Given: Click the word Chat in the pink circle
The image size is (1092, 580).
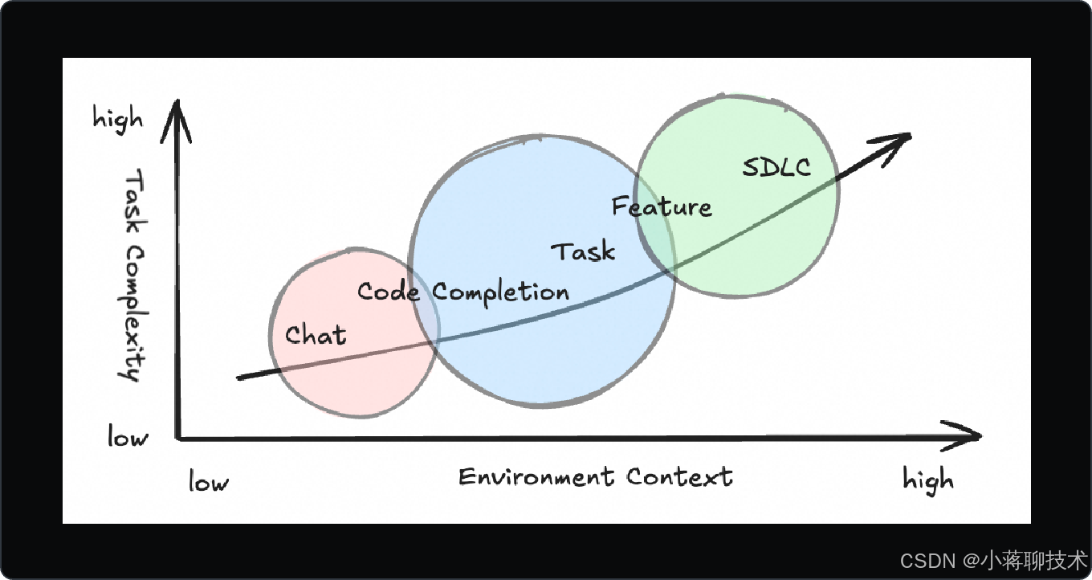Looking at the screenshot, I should tap(316, 335).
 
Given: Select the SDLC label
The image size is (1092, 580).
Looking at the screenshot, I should tap(776, 167).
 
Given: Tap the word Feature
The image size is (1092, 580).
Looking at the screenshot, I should tap(662, 207).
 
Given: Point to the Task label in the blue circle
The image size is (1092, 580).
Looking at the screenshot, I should tap(584, 251).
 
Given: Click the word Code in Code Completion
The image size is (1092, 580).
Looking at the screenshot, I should tap(389, 292).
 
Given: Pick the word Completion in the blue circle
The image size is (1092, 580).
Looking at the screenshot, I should tap(501, 292).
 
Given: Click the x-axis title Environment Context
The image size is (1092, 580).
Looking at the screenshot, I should tap(596, 476).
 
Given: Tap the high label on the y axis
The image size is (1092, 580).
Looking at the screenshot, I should tap(118, 119).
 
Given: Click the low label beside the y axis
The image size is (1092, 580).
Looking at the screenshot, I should tap(128, 438).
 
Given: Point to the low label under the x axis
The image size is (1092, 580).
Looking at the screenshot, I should tap(209, 482).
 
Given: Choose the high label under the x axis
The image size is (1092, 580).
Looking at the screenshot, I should tap(928, 480).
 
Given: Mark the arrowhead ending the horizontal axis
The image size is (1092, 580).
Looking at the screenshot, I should tap(972, 435).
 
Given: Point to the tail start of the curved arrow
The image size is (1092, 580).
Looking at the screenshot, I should tap(239, 377).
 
